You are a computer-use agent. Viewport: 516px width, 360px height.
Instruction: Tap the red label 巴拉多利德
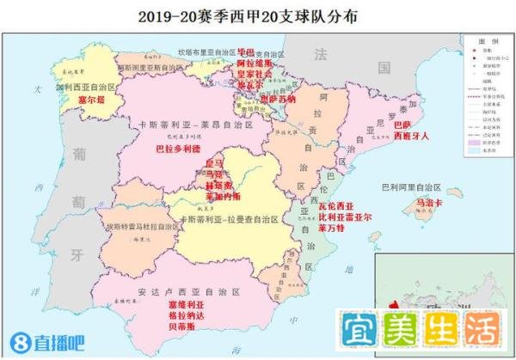click(x=177, y=148)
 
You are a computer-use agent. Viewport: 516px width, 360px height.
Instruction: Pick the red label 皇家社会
click(x=254, y=75)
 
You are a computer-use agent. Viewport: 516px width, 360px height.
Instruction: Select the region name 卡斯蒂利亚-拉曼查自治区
click(x=229, y=220)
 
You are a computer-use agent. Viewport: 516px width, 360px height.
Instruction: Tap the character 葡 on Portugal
click(x=79, y=153)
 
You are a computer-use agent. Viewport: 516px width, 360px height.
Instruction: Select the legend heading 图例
click(x=488, y=40)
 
